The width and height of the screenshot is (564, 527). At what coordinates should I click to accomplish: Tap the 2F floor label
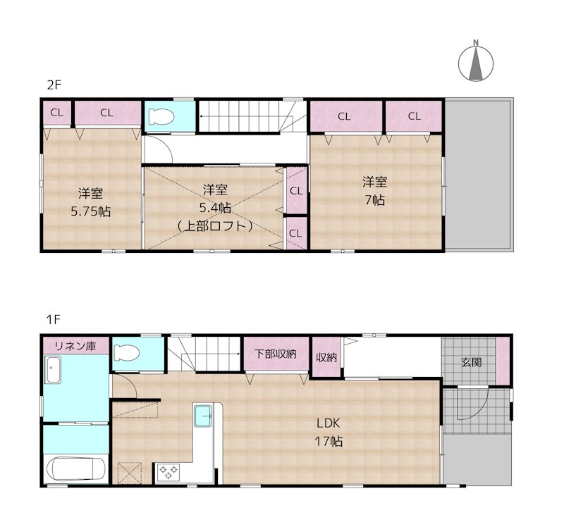[54, 85]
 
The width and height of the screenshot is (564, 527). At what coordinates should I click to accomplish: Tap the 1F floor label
[54, 319]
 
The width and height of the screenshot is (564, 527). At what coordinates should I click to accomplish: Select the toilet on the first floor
[126, 352]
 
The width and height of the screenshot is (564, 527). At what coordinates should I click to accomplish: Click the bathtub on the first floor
[76, 469]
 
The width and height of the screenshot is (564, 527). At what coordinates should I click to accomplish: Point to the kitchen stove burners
[168, 472]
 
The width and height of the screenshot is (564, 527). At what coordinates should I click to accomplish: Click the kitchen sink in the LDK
[203, 416]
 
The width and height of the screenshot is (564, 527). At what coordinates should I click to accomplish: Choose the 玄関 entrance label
[471, 362]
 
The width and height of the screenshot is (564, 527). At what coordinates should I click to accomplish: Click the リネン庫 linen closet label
[75, 346]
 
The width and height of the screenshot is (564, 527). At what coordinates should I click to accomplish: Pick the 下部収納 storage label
[276, 354]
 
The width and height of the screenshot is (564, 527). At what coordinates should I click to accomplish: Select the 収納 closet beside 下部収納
[326, 357]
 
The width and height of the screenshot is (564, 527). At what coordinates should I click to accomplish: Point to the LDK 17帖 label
[329, 432]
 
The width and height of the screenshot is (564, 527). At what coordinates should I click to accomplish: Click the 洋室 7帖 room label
[375, 191]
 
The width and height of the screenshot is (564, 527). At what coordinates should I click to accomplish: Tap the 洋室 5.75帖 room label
[91, 202]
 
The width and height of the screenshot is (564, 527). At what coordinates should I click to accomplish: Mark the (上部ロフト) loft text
[215, 226]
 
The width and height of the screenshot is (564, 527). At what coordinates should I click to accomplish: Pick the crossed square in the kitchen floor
[130, 473]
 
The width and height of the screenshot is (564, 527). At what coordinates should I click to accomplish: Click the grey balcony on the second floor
[478, 174]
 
